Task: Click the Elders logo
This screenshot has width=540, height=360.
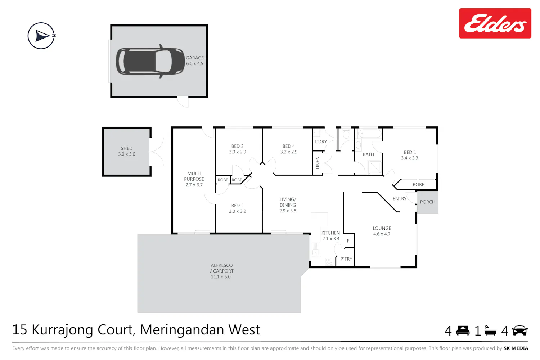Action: pos(495,23)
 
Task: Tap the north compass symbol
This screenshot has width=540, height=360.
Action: pos(41,36)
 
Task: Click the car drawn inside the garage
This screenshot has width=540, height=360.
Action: pos(150,61)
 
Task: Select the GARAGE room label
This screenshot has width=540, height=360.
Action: pos(194,58)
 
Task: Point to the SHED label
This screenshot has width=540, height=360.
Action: pos(127,148)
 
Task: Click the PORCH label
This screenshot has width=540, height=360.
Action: pos(427,202)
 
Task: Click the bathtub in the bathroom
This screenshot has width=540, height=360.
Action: pos(370,133)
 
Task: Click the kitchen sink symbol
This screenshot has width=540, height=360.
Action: pos(315,249)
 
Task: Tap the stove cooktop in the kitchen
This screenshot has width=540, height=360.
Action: pos(329,261)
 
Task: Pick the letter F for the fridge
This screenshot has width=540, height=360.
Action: pos(348,241)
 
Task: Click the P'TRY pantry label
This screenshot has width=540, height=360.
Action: pos(346,259)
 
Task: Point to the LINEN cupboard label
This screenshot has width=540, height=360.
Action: pos(318,163)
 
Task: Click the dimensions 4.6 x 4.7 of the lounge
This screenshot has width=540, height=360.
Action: pos(382,234)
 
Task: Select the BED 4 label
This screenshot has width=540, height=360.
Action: pos(289,146)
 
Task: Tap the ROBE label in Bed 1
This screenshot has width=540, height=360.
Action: pos(418,185)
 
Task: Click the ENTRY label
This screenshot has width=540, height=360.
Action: pos(400,199)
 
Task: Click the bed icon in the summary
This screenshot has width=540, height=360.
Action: pos(463,330)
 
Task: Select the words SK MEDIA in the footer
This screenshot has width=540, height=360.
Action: pos(516,348)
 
